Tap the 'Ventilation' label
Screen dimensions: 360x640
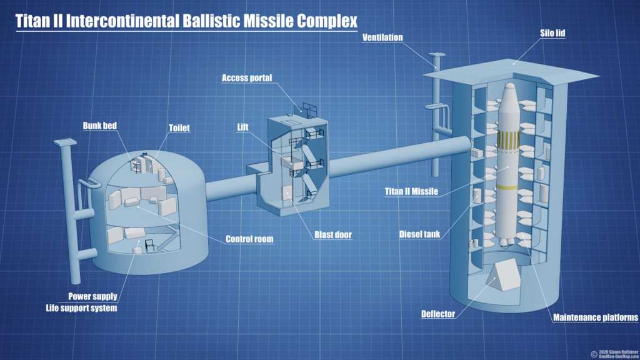[x=382, y=37]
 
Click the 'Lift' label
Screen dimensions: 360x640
[x=242, y=127]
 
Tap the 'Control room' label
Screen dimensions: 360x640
[x=249, y=239]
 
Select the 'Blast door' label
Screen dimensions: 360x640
[x=332, y=236]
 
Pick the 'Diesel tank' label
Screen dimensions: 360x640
[x=420, y=235]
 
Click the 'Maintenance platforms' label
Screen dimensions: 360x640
[x=596, y=317]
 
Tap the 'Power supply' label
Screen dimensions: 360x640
[x=92, y=296]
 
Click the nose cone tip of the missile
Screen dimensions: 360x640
[x=509, y=83]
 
